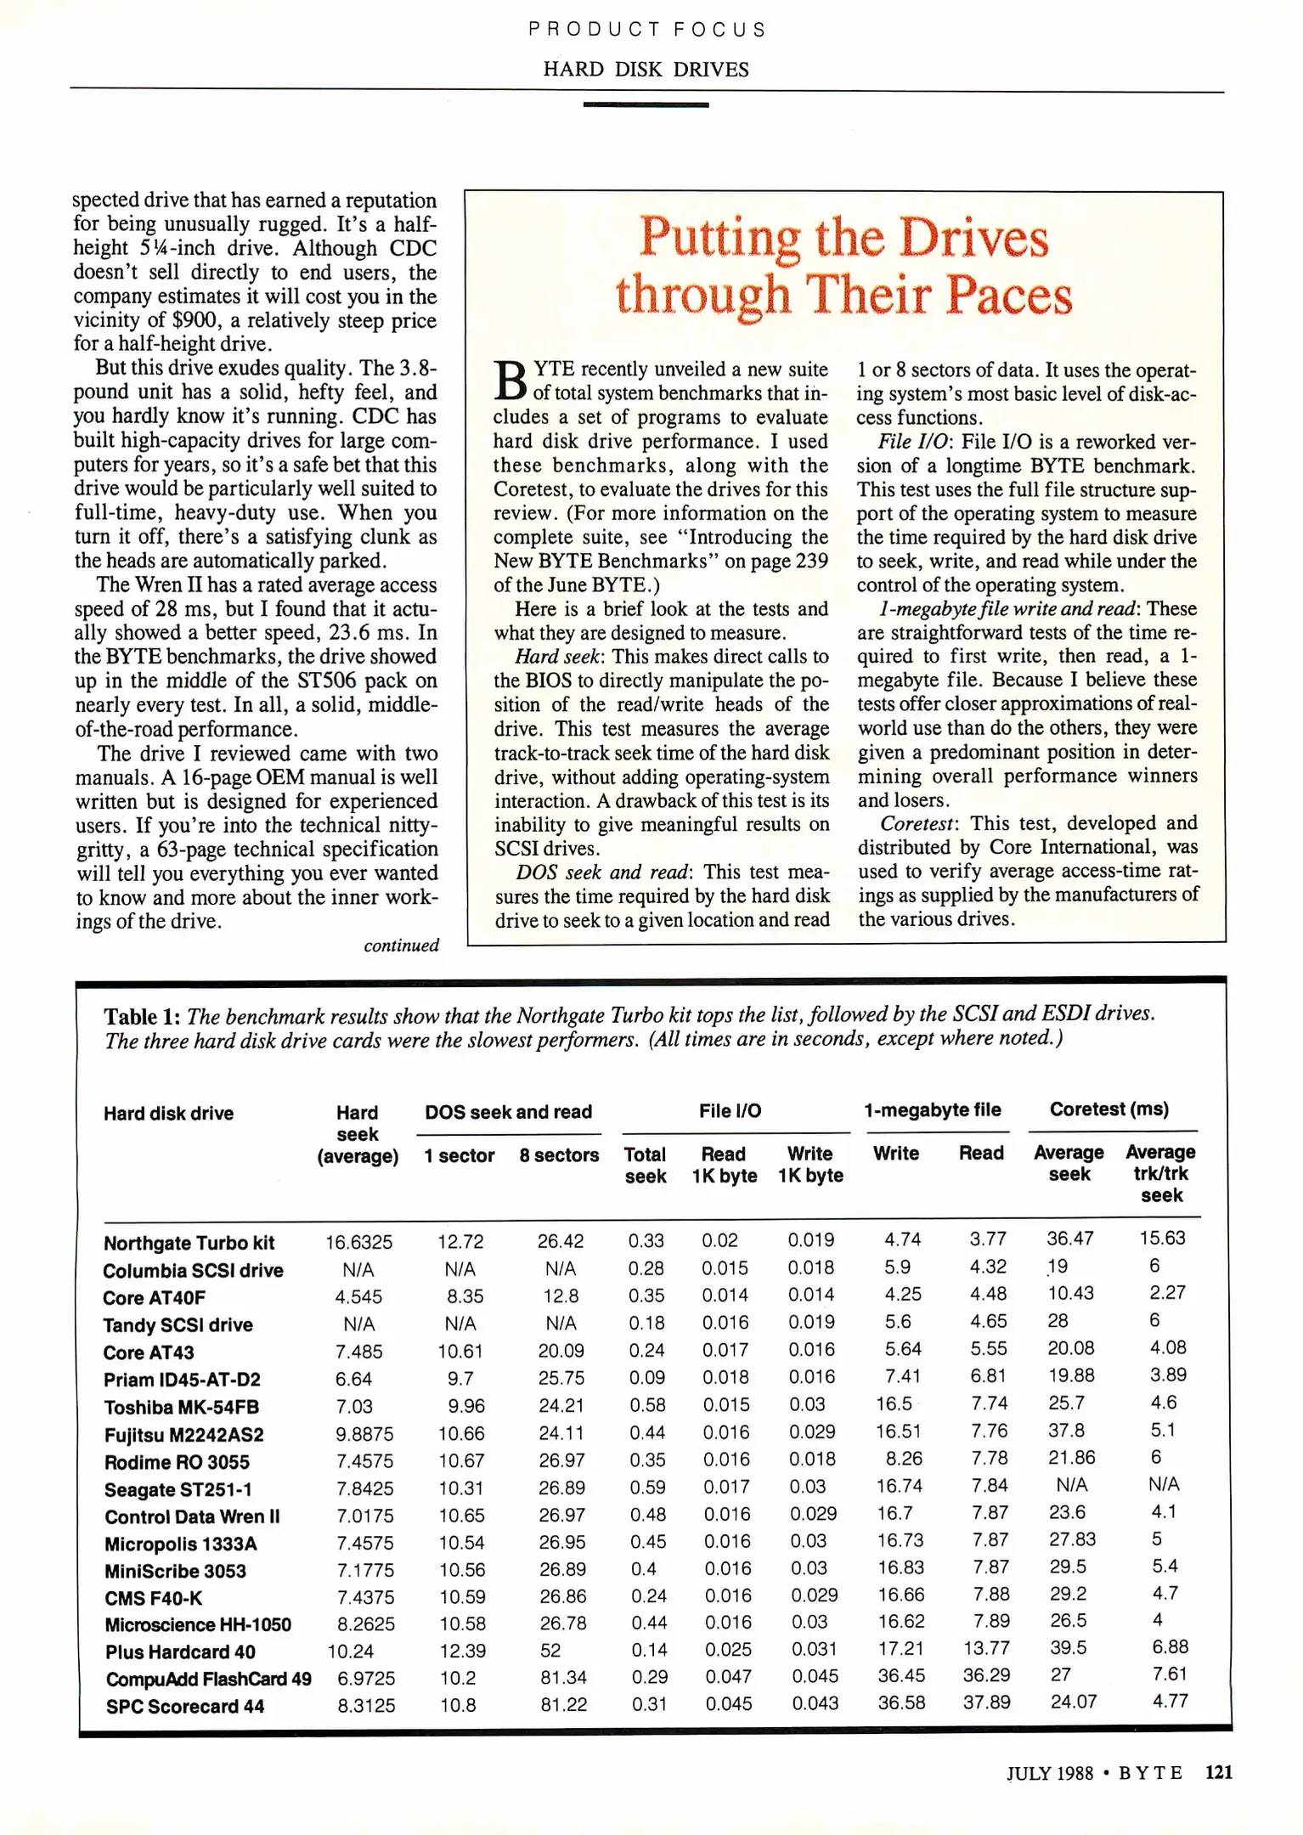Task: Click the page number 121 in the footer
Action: (x=1218, y=1772)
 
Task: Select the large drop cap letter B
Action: (x=510, y=380)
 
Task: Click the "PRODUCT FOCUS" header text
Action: (x=646, y=30)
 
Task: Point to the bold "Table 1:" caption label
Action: (x=142, y=1017)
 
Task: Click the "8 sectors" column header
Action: (x=559, y=1155)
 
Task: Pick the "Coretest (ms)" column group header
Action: (x=1108, y=1109)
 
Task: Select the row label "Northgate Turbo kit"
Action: (x=189, y=1243)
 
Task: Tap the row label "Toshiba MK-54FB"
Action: (x=181, y=1407)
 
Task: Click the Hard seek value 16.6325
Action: (x=358, y=1242)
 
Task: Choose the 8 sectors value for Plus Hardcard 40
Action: (x=550, y=1650)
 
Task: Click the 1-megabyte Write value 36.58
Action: (x=901, y=1703)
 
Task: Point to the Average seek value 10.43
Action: (x=1070, y=1293)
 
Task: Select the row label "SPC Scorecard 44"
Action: (x=184, y=1706)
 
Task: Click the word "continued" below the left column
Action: (x=401, y=946)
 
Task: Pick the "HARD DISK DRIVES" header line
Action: (x=646, y=70)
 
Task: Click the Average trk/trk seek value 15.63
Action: (x=1161, y=1238)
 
